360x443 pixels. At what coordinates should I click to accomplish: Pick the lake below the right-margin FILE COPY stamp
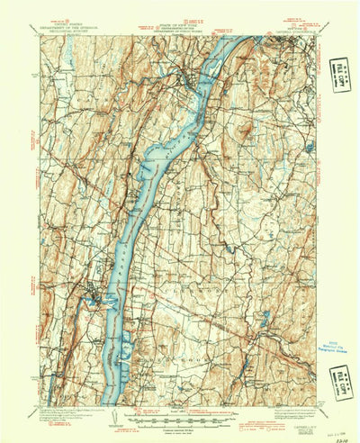pyautogui.click(x=311, y=145)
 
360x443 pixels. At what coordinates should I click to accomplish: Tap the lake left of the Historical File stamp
pyautogui.click(x=266, y=317)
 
